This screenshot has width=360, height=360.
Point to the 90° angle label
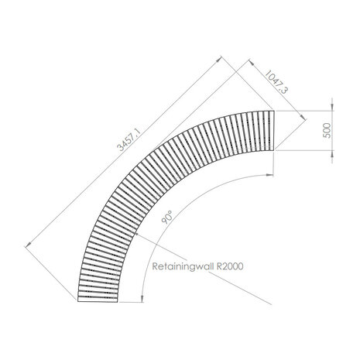point(168,219)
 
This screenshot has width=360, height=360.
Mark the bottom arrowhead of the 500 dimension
point(330,151)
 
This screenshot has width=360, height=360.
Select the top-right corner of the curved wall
point(276,111)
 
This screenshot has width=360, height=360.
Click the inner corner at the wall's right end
point(276,152)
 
